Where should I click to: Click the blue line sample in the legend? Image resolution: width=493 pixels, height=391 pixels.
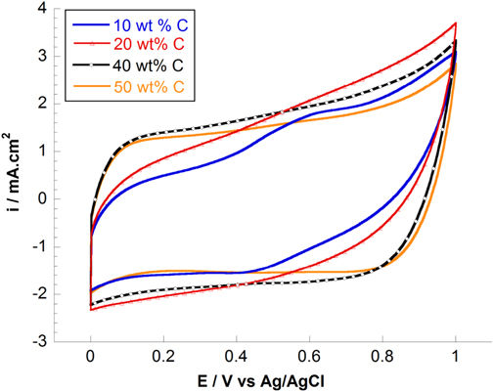(x=83, y=21)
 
